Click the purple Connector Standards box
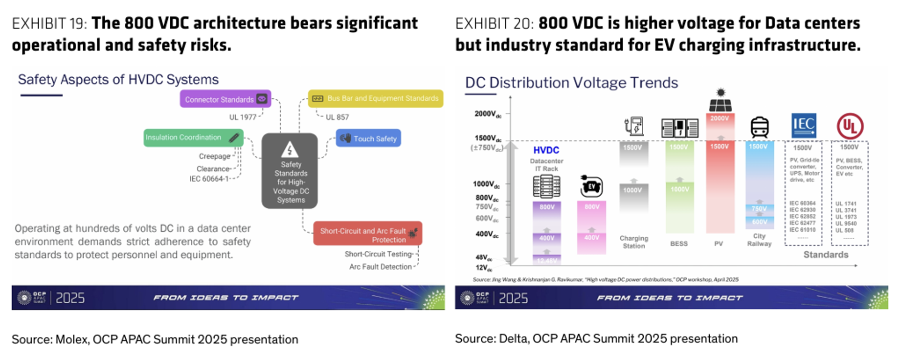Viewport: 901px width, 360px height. [x=225, y=99]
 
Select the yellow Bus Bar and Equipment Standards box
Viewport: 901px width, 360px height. [x=375, y=98]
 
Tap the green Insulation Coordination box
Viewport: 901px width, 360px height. [x=193, y=137]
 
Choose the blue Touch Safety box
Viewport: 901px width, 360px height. [x=368, y=138]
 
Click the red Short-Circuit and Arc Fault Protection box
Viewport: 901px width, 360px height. [x=367, y=235]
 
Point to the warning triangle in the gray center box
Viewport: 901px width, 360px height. [x=290, y=149]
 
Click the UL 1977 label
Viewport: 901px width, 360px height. [x=243, y=117]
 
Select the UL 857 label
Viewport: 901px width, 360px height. [x=337, y=117]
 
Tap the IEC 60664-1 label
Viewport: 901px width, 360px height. [x=209, y=179]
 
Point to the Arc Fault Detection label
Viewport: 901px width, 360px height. [x=381, y=267]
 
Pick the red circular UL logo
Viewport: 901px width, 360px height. [x=850, y=126]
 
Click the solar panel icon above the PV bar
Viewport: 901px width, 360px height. [x=720, y=101]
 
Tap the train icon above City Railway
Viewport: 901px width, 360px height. [x=759, y=127]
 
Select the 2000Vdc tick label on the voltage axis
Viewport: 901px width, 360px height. [x=488, y=114]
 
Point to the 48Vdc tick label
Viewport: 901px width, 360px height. [x=484, y=257]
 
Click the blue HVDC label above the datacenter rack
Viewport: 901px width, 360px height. [x=546, y=150]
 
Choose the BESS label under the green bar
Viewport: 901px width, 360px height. [x=678, y=244]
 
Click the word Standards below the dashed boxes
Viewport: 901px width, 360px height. [x=826, y=254]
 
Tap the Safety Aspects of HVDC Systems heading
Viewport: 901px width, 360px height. [x=118, y=80]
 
